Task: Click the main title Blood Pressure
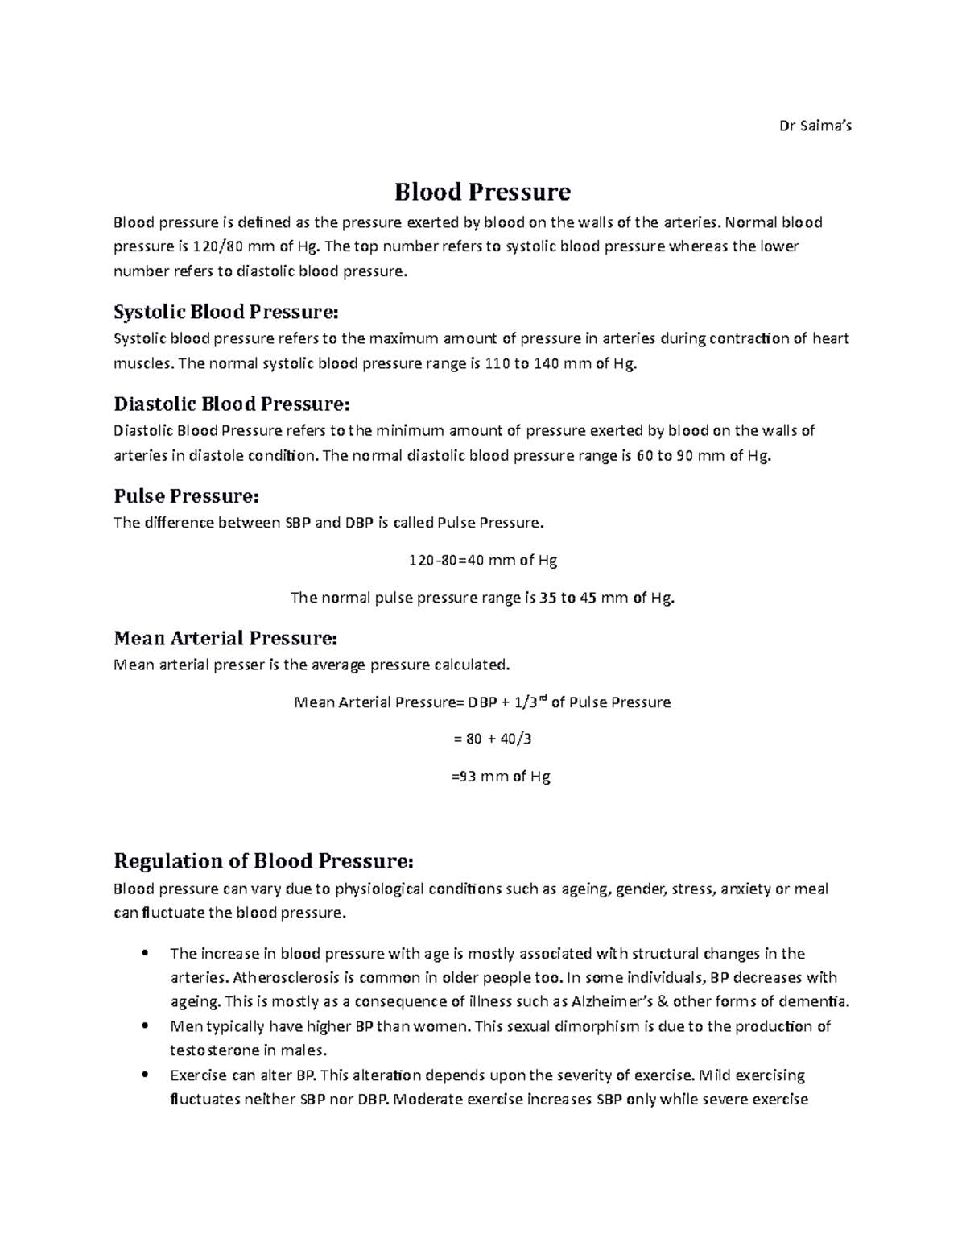click(x=482, y=192)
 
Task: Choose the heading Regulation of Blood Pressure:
click(x=264, y=861)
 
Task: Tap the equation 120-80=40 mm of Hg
click(x=483, y=561)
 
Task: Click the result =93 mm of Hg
click(x=499, y=777)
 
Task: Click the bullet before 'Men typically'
click(x=144, y=1026)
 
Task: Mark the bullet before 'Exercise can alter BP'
click(x=144, y=1075)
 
